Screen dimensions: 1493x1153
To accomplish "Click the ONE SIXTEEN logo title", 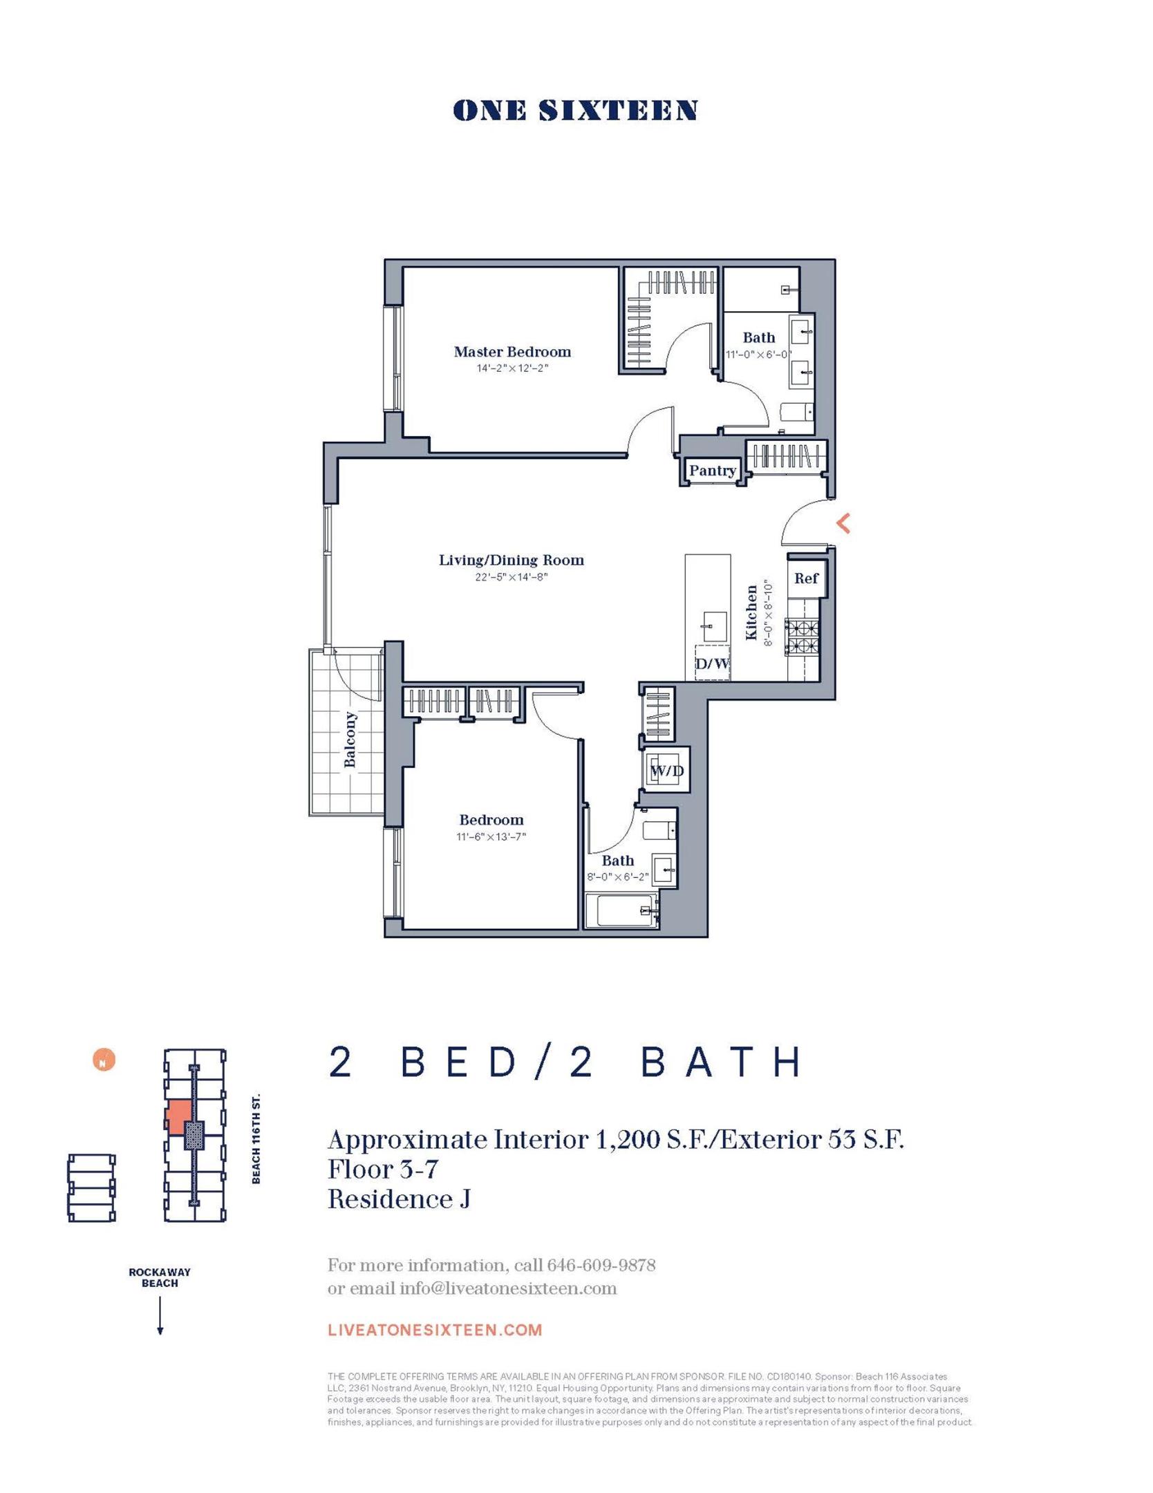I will (575, 111).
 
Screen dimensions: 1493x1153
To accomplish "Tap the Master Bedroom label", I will (512, 352).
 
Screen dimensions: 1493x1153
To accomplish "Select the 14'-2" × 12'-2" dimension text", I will (512, 368).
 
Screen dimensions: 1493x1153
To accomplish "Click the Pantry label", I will (712, 471).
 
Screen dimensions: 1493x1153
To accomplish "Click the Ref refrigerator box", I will (805, 579).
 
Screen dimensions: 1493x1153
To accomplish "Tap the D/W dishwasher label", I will (712, 664).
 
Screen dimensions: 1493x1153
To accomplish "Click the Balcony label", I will (350, 739).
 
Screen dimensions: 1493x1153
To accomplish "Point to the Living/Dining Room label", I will (512, 560).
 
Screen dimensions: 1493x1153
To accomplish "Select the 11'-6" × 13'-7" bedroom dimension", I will (491, 836).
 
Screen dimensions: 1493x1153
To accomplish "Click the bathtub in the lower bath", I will (619, 911).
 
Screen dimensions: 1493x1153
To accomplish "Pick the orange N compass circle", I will (104, 1060).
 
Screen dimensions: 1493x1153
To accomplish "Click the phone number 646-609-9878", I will (601, 1266).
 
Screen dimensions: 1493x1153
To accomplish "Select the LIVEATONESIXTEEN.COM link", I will (435, 1330).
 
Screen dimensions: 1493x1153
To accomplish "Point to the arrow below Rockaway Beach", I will (160, 1316).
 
